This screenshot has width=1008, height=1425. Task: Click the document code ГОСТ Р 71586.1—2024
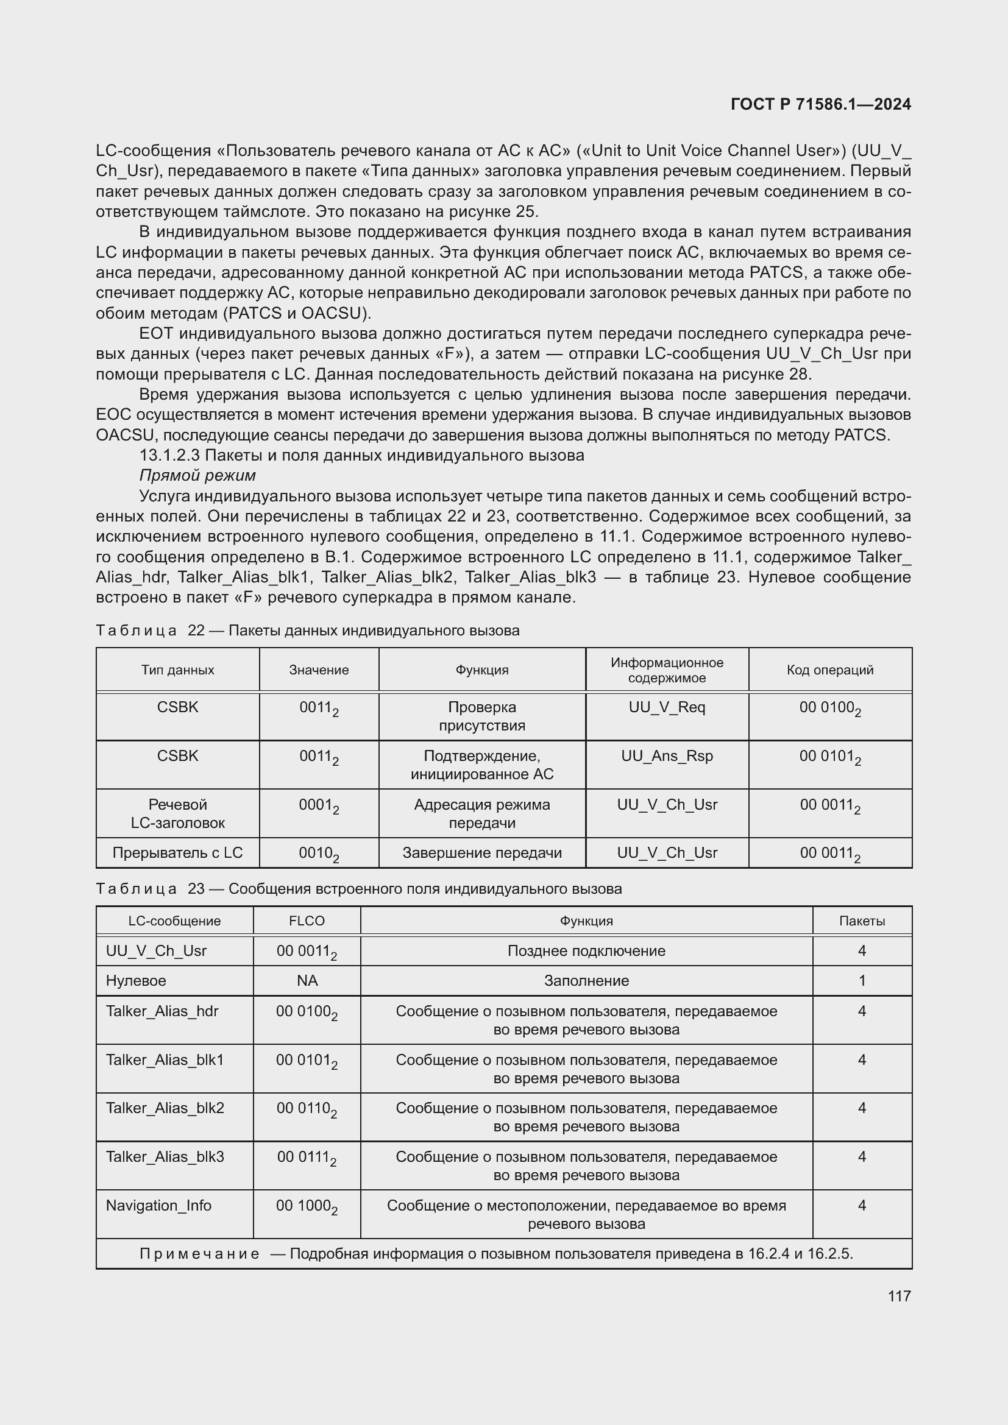(820, 104)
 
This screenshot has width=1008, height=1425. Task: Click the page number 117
(899, 1296)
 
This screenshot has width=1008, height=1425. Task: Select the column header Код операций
(830, 670)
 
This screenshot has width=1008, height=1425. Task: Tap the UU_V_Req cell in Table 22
(667, 707)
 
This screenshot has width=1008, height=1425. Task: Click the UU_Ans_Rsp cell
(667, 756)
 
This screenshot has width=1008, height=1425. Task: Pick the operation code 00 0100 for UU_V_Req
(829, 708)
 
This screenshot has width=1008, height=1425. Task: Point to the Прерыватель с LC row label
(177, 853)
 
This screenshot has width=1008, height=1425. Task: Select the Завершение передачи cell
(481, 853)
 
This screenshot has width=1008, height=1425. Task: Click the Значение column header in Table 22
(318, 670)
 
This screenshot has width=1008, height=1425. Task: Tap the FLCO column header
(307, 921)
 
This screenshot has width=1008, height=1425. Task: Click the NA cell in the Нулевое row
(307, 981)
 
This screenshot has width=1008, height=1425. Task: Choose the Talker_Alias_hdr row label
(162, 1011)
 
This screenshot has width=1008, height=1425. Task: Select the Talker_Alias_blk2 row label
(165, 1108)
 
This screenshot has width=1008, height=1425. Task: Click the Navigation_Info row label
(158, 1205)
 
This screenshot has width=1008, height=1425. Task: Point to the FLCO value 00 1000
(306, 1206)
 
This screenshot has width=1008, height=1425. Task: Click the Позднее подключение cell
(586, 951)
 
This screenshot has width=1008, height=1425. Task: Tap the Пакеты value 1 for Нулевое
(862, 981)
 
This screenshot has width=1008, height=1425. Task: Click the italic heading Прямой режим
(197, 475)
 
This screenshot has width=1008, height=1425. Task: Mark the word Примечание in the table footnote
(199, 1254)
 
